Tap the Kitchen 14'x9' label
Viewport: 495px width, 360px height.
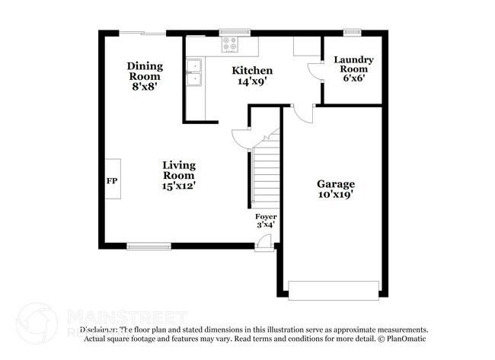tap(252, 75)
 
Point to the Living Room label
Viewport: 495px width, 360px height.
tap(180, 175)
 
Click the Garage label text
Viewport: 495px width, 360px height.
tap(336, 189)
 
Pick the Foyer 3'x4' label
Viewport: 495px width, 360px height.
tap(265, 220)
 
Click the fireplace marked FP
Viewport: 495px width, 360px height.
tap(112, 180)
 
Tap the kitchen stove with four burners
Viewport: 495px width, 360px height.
tap(230, 45)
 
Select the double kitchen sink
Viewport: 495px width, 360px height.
tap(194, 72)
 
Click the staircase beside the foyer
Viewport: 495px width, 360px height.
tap(266, 171)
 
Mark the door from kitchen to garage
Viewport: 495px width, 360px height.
tap(302, 112)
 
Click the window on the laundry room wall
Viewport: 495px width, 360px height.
tap(351, 32)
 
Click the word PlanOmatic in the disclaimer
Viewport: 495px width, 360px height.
tap(406, 337)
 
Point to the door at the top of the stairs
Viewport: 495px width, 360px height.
tap(241, 138)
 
